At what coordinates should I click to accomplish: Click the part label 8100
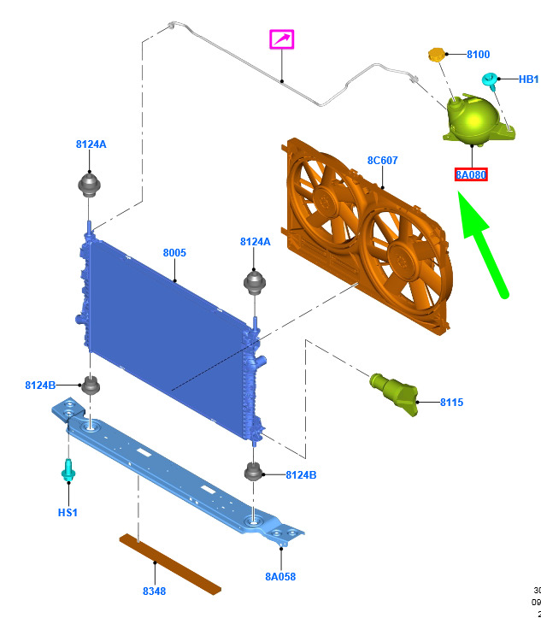478,55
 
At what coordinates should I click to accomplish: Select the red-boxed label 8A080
470,175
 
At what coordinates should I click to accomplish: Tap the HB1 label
528,79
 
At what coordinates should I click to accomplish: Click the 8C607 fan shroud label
382,160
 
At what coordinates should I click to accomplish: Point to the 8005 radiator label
174,253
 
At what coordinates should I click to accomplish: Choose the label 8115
451,402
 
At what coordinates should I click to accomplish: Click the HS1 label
68,513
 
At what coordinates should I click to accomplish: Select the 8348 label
154,592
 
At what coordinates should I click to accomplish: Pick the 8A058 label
279,577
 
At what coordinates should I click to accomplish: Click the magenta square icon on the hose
282,39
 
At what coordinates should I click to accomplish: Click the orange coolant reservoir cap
438,56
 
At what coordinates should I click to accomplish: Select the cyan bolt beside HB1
491,81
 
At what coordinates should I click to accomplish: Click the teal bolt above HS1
68,469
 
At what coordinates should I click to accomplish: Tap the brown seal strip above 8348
170,564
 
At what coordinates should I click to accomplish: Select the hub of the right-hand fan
400,254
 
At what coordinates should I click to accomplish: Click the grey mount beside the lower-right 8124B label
254,471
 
